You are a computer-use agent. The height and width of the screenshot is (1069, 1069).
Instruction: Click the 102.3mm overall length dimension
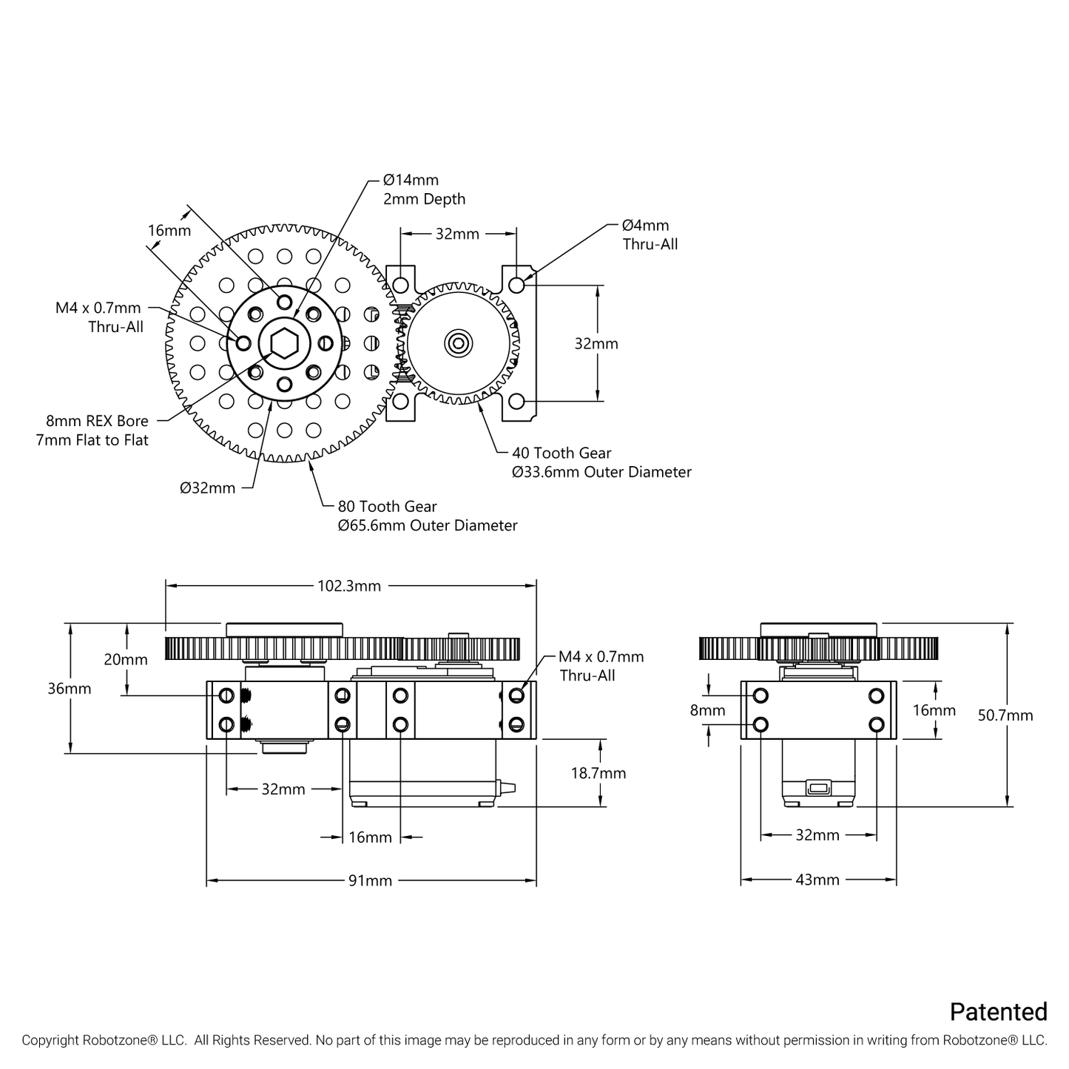click(349, 586)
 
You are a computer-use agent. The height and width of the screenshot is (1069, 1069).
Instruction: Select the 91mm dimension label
click(370, 880)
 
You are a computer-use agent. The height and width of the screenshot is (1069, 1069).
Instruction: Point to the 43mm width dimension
click(817, 880)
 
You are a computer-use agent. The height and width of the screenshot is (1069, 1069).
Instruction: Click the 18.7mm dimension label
click(598, 773)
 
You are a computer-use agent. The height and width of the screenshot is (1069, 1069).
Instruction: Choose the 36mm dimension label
click(69, 689)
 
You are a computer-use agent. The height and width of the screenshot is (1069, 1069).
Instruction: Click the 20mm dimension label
click(125, 659)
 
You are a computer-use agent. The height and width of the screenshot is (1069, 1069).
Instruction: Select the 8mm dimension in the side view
click(707, 710)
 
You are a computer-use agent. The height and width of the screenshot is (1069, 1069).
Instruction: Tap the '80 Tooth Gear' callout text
click(387, 507)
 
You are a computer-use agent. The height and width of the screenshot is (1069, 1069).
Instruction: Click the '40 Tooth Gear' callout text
click(562, 453)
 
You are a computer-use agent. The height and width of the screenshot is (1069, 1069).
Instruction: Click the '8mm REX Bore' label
click(97, 422)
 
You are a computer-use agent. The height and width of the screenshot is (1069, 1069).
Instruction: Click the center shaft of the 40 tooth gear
click(457, 343)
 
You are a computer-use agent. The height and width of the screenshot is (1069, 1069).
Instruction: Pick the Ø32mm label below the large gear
click(208, 488)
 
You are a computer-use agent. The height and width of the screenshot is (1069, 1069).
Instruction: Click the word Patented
click(998, 1011)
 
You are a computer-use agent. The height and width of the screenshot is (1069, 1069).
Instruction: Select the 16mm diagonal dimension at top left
click(169, 231)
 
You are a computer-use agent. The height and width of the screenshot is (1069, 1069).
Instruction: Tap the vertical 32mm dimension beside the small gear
click(596, 344)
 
